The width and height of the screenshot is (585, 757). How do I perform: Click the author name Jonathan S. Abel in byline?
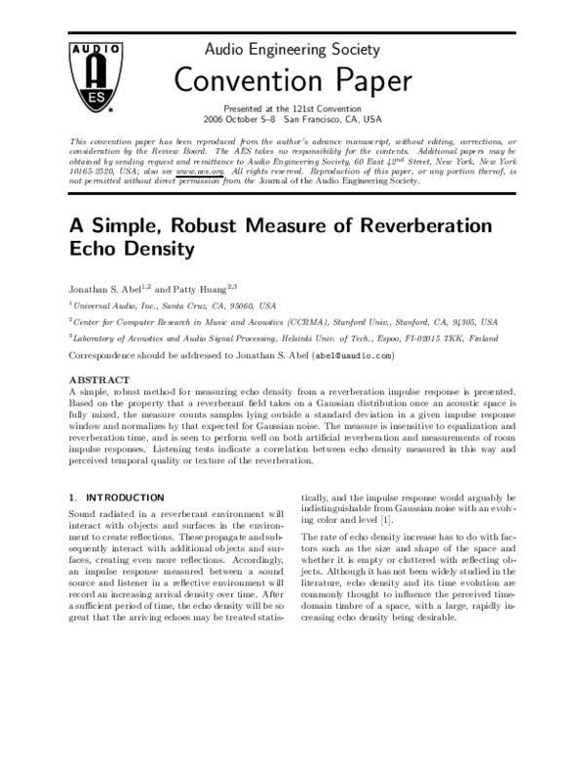point(103,290)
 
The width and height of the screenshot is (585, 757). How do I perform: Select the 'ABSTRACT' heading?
point(99,378)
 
